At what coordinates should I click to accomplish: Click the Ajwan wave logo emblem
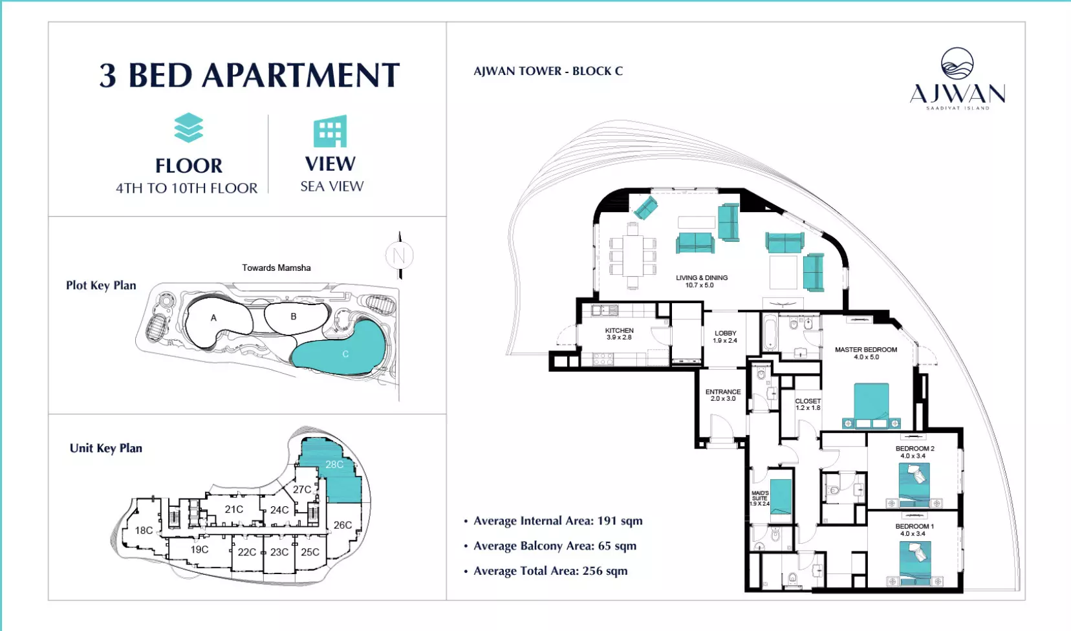(957, 63)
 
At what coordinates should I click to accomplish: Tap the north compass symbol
(400, 255)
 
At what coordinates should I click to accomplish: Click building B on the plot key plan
(296, 317)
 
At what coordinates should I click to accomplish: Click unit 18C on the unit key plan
(144, 530)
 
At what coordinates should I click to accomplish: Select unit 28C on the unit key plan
(334, 464)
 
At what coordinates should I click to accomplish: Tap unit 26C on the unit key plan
(342, 525)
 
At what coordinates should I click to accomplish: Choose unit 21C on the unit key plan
(234, 509)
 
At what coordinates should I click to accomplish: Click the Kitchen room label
(619, 334)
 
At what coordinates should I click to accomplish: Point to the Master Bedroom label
(866, 353)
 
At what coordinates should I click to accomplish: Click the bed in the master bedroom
(871, 405)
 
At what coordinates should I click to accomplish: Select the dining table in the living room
(633, 256)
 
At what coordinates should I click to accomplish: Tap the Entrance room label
(723, 395)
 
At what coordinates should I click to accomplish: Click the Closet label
(808, 405)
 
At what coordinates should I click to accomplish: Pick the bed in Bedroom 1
(914, 563)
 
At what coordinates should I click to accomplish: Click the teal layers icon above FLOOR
(189, 127)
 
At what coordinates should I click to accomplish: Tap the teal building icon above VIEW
(330, 131)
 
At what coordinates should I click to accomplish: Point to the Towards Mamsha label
(276, 268)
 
